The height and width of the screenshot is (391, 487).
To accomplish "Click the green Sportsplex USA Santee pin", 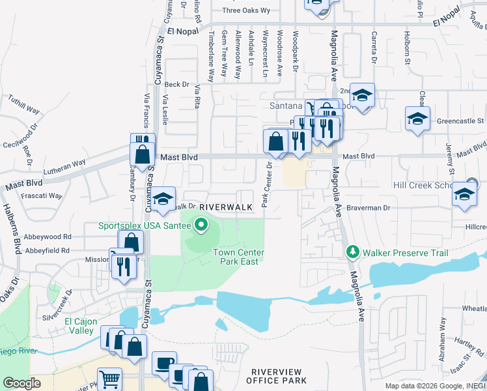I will pyautogui.click(x=201, y=225).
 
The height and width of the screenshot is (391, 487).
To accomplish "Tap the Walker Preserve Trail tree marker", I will pyautogui.click(x=353, y=252).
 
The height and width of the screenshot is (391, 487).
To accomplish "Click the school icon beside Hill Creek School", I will pyautogui.click(x=464, y=195).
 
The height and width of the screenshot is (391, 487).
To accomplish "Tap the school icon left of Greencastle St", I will pyautogui.click(x=417, y=119).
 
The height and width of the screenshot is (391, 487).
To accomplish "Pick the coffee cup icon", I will pyautogui.click(x=164, y=363).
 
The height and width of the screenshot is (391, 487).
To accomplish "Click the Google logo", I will pyautogui.click(x=22, y=383).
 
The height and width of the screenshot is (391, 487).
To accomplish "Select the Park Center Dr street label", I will pyautogui.click(x=266, y=184).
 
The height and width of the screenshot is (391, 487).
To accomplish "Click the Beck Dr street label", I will pyautogui.click(x=176, y=84).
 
